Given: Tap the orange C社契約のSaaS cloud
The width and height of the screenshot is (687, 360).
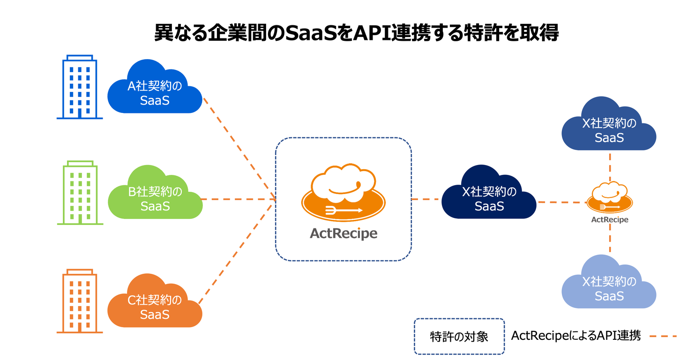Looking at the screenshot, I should pyautogui.click(x=155, y=307).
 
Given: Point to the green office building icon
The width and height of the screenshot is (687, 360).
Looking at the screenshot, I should pyautogui.click(x=80, y=193).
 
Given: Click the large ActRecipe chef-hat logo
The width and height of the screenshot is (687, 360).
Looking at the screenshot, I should pyautogui.click(x=343, y=193).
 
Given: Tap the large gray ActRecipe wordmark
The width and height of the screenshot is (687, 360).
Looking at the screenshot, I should pyautogui.click(x=343, y=233).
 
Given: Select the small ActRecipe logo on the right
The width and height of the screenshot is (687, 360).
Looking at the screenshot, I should pyautogui.click(x=610, y=199).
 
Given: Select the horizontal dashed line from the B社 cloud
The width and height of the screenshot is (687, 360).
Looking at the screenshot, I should pyautogui.click(x=237, y=199).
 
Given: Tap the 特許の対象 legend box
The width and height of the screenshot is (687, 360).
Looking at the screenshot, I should pyautogui.click(x=459, y=336).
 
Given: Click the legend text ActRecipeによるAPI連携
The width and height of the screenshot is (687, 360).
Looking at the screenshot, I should pyautogui.click(x=576, y=336).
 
